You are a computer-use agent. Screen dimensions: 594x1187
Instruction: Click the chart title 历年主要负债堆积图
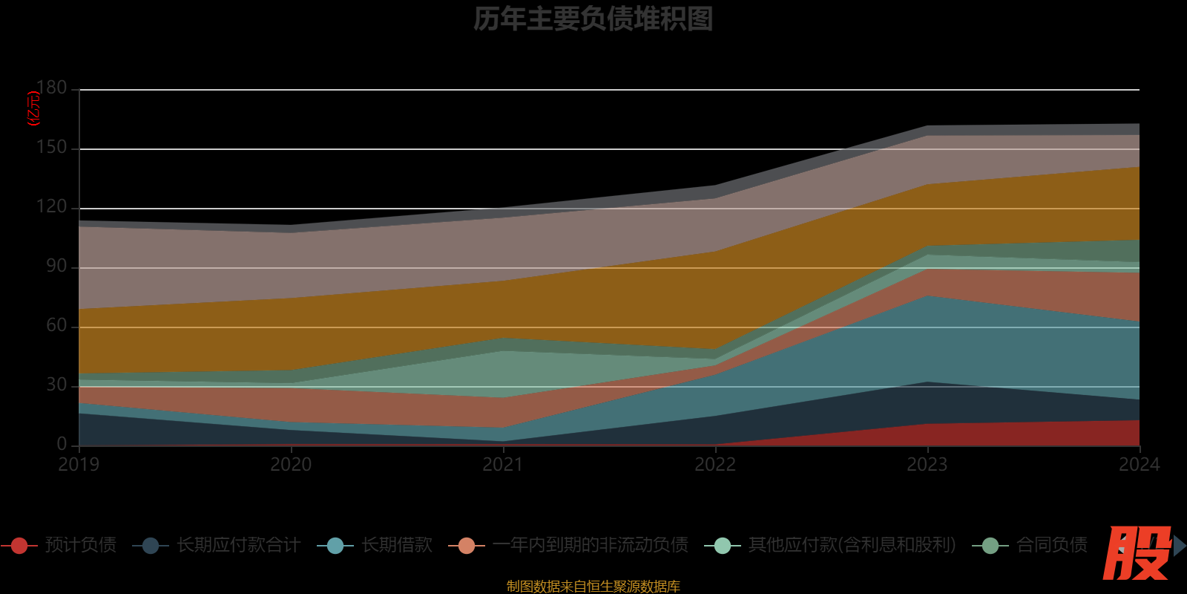[593, 19]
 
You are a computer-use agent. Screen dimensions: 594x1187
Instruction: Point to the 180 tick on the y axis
[52, 88]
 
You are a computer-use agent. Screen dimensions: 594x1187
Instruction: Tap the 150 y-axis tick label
[52, 148]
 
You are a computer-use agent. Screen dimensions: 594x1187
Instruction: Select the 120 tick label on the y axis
[52, 207]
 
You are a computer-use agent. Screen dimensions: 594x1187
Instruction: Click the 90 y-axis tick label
[56, 267]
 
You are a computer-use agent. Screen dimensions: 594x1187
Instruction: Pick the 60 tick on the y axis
[56, 326]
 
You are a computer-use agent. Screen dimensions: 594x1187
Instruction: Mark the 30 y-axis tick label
[56, 385]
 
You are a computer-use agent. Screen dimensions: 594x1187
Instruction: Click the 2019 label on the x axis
[79, 465]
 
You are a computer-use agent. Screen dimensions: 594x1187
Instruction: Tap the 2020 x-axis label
[291, 465]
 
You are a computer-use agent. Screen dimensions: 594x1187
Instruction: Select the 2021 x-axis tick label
[503, 465]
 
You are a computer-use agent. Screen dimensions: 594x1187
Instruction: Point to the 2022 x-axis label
[715, 465]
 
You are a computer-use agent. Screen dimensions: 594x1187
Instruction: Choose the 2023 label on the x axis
[927, 465]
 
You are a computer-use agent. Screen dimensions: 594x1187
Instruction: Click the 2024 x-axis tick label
[1139, 465]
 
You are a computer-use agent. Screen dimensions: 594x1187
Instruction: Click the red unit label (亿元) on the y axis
[33, 108]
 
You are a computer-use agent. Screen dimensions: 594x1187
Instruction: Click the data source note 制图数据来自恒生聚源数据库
[593, 587]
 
